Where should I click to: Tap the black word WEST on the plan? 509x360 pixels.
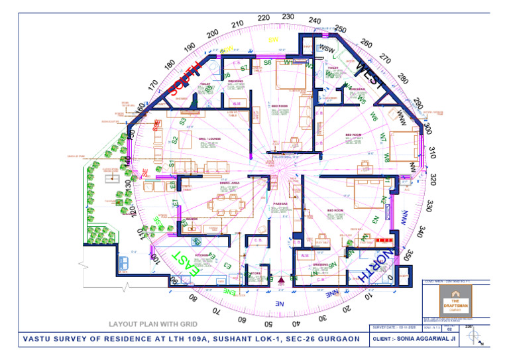(369, 76)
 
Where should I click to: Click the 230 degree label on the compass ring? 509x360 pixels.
(288, 16)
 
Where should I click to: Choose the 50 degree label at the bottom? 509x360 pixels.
(268, 324)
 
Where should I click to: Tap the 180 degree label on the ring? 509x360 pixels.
(170, 64)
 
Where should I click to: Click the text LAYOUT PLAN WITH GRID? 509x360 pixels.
(153, 324)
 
